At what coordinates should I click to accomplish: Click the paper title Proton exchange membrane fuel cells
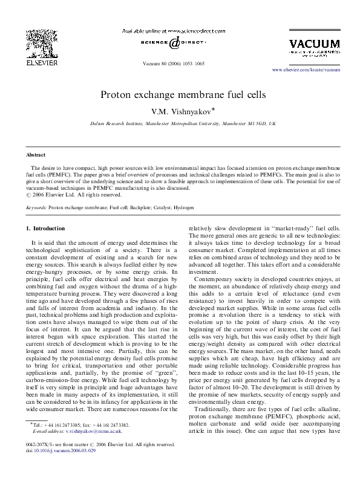(180, 95)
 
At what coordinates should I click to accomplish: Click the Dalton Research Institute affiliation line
(179, 123)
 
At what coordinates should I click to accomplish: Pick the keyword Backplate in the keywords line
(128, 207)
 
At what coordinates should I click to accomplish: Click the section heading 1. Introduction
(46, 228)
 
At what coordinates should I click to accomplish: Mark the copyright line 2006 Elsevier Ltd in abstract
(72, 195)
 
